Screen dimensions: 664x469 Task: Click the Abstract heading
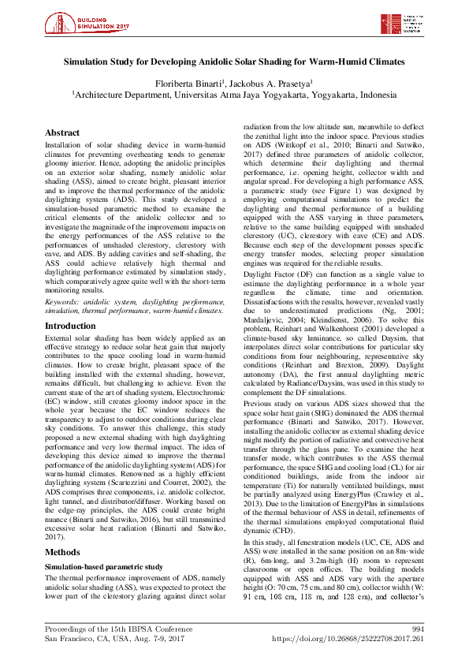pyautogui.click(x=64, y=133)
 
